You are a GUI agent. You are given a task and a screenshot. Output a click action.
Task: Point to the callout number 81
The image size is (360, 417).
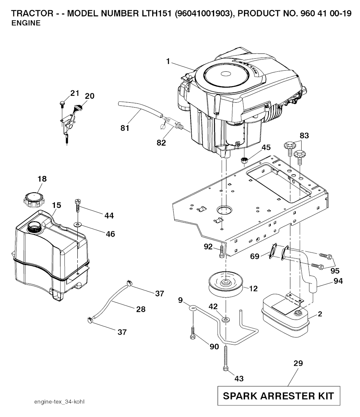[x=125, y=128]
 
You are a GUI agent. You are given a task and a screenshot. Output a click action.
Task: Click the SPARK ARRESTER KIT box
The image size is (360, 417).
[x=278, y=396]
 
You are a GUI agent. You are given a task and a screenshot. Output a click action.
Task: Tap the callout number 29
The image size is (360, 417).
[x=298, y=363]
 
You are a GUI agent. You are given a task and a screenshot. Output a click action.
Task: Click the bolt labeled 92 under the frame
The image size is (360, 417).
[x=221, y=251]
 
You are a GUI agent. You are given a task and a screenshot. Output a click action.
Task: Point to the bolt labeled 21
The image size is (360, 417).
[x=62, y=103]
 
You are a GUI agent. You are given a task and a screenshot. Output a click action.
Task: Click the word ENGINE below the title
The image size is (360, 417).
[x=26, y=24]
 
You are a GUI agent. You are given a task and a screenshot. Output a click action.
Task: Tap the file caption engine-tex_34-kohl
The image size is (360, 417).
[x=59, y=402]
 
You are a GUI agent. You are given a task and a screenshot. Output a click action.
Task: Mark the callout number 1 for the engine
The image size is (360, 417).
[x=168, y=62]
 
